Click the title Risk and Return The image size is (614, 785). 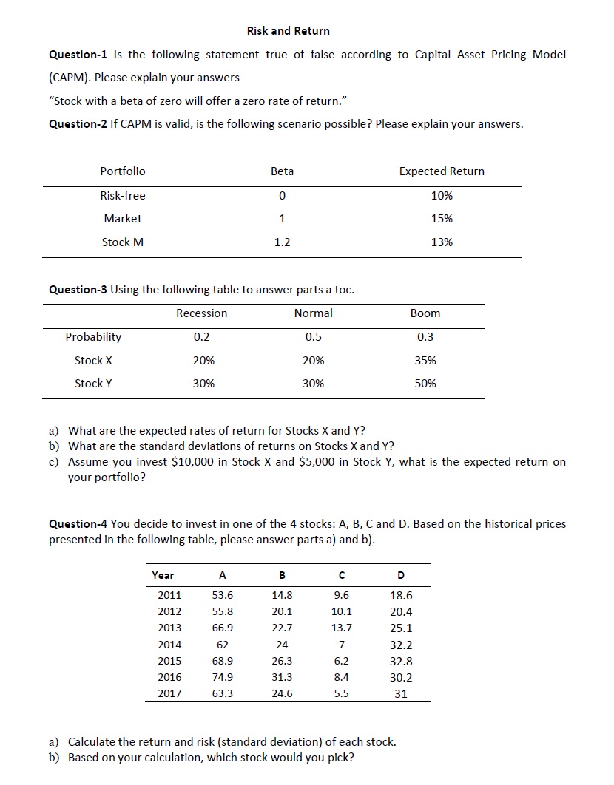click(289, 31)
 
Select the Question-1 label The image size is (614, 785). click(78, 55)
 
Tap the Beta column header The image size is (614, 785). click(282, 171)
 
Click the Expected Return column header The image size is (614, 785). click(442, 171)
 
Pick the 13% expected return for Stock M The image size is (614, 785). click(442, 242)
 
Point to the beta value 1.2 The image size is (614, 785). click(282, 242)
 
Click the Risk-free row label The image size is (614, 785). click(123, 196)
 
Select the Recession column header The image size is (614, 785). click(201, 313)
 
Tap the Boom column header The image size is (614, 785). click(425, 313)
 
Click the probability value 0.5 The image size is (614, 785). click(314, 337)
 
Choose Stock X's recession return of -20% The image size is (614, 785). click(201, 361)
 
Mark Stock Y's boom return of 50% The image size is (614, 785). click(425, 384)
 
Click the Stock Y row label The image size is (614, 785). click(93, 384)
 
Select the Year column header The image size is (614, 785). click(163, 575)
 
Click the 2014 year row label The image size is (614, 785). click(169, 645)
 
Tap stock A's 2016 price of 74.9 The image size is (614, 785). click(223, 677)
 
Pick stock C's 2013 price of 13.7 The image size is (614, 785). click(342, 628)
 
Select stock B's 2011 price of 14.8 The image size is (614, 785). click(282, 595)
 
